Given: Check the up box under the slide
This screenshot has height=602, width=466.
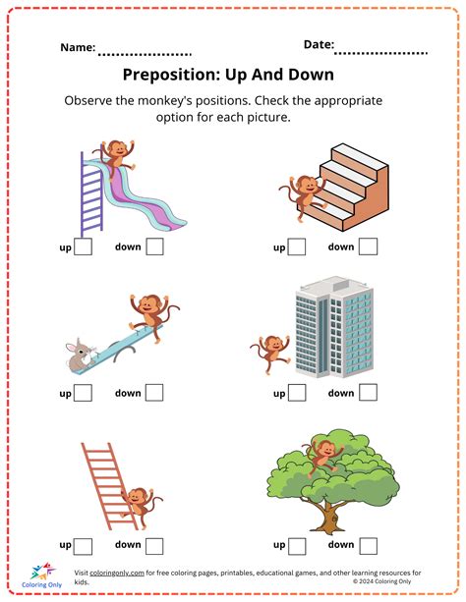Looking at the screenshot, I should click(x=84, y=247).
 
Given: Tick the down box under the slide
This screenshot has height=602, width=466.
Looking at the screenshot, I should click(x=154, y=247).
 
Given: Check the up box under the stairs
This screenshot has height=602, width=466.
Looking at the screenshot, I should click(x=297, y=247).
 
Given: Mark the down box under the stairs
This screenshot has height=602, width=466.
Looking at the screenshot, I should click(x=368, y=247).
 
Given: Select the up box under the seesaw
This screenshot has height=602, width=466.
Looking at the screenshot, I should click(x=84, y=394).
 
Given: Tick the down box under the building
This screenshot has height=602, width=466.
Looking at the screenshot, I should click(x=368, y=394).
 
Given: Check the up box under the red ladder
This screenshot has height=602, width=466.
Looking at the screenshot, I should click(x=84, y=545).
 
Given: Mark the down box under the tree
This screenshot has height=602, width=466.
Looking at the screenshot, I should click(x=368, y=545).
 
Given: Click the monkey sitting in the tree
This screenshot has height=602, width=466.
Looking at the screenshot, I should click(x=320, y=453).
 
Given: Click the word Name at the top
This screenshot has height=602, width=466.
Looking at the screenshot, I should click(x=78, y=47).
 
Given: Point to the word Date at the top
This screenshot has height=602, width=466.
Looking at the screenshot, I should click(x=318, y=44).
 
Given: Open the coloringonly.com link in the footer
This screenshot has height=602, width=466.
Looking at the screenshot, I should click(x=116, y=573).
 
